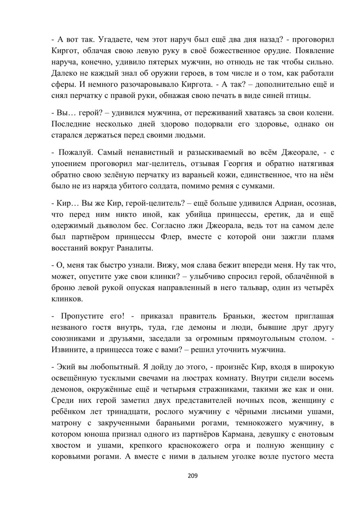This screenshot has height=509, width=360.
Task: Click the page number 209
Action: [193, 476]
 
